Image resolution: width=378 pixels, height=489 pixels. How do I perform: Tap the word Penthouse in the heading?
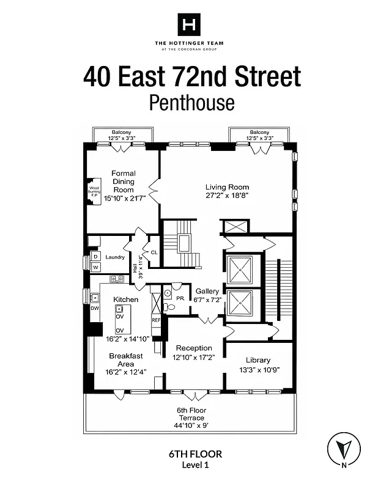coord(191,102)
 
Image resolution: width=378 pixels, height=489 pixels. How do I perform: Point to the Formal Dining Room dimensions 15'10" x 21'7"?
coord(124,199)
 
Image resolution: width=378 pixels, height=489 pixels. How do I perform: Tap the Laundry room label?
coord(114,257)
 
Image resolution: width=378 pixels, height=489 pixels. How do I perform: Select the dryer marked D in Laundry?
coord(95,256)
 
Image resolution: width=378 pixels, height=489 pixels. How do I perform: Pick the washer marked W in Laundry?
coord(95,267)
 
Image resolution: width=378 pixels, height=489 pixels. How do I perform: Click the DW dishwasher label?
coord(94,308)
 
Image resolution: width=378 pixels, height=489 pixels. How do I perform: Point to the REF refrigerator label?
coord(155,320)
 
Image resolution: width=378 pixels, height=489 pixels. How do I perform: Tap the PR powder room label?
coord(180,298)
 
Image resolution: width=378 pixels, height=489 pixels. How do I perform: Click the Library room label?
coord(258,360)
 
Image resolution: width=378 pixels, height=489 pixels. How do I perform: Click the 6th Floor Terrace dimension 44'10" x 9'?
coord(190,427)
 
